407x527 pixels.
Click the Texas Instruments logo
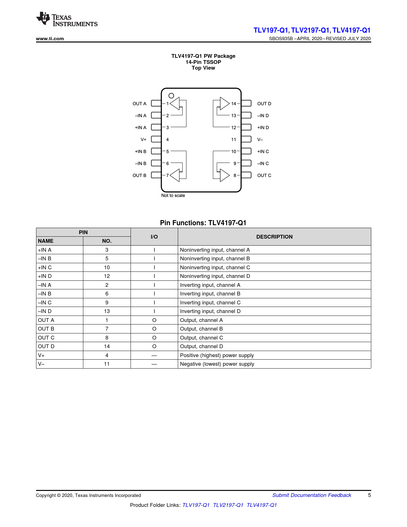[67, 19]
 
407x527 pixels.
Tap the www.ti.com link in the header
[50, 39]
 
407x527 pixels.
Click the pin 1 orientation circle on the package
[171, 96]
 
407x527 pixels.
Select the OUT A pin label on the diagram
[139, 103]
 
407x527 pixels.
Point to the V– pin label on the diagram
[260, 140]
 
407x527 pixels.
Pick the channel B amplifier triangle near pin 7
[175, 175]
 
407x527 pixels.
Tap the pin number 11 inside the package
[233, 140]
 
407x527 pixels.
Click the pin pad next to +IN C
[246, 151]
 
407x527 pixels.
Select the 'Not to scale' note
[173, 195]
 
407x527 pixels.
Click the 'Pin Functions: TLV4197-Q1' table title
[203, 223]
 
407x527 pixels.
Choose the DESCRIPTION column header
[275, 237]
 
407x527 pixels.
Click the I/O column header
[154, 237]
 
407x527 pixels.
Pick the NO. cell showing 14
[107, 346]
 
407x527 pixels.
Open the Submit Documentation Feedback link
[312, 495]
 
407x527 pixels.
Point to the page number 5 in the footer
[369, 495]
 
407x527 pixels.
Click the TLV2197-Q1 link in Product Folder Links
[228, 505]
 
